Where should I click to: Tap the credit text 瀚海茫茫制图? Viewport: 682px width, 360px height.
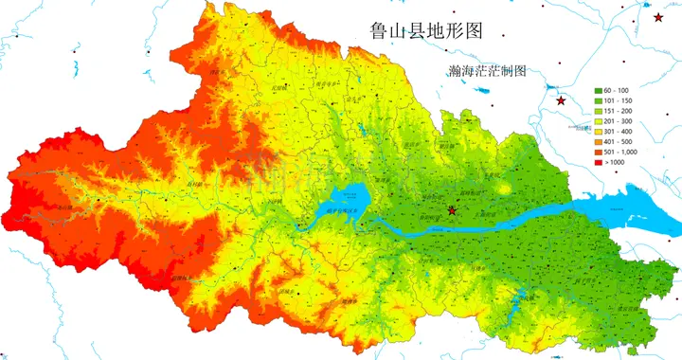[489, 72]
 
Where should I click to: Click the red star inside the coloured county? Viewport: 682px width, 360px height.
[452, 209]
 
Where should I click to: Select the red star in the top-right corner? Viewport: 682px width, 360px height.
[658, 17]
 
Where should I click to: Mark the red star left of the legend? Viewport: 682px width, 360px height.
[561, 100]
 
